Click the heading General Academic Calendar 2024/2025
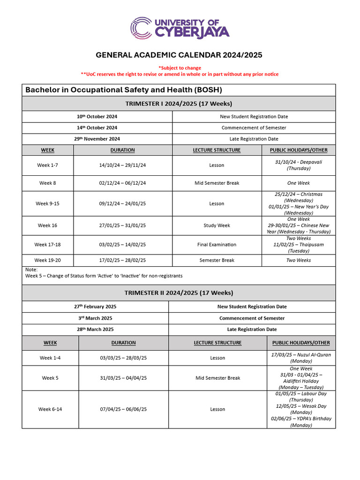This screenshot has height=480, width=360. click(179, 55)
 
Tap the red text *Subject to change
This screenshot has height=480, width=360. click(180, 67)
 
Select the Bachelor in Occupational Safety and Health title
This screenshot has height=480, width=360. click(124, 90)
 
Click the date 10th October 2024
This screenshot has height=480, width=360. click(97, 116)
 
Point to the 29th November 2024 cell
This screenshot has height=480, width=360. click(97, 139)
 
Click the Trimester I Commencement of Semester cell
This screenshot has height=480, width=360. click(254, 127)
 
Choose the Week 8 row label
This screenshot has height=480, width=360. click(47, 183)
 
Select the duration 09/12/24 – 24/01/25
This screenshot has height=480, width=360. click(122, 203)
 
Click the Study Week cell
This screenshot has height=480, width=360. click(217, 225)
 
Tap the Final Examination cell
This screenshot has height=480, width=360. click(217, 245)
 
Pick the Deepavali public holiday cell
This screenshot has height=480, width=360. click(298, 165)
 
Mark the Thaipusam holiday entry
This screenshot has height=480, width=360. click(298, 245)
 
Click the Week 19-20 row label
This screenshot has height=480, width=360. click(47, 260)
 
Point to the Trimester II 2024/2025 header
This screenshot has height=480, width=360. click(179, 292)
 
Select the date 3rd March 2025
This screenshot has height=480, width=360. click(95, 318)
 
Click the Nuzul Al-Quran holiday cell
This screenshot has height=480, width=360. click(300, 358)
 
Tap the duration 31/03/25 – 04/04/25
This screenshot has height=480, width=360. click(123, 378)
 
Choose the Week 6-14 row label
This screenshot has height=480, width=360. click(50, 409)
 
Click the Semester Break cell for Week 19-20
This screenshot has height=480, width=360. click(217, 260)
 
